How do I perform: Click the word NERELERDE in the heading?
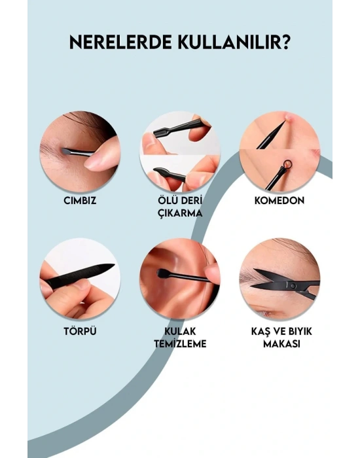point(120,43)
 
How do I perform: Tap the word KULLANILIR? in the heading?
point(234,43)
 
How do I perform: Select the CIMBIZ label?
point(80,201)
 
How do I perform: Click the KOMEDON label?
point(279,200)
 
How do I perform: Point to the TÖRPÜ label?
point(80,331)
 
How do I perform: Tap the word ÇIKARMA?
point(180,213)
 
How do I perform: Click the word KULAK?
point(180,332)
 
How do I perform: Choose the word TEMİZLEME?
point(180,343)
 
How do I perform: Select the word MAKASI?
point(281,343)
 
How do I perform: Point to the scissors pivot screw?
point(293,285)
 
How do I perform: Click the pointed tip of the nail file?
point(114,265)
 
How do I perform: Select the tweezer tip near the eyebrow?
point(65,150)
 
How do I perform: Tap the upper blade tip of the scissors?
point(254,270)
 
